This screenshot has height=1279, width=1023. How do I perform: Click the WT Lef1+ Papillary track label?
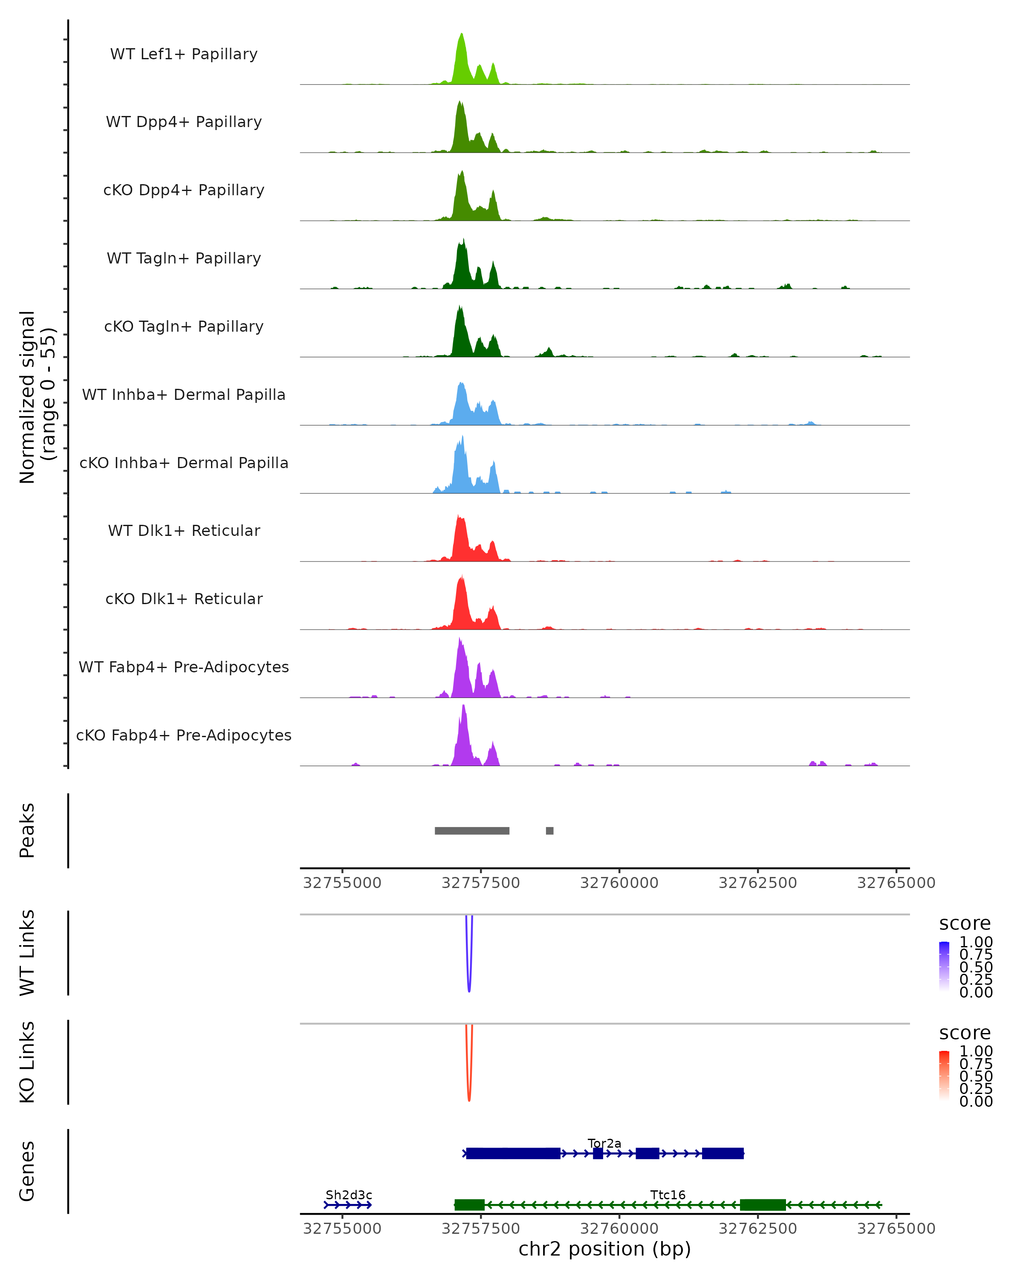coord(184,54)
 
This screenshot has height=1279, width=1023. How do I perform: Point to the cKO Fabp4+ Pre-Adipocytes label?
coord(184,735)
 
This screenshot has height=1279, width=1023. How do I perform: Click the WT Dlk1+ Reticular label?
coord(184,530)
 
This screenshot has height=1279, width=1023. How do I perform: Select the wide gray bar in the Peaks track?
coord(471,830)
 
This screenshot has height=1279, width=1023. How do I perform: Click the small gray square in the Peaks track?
coord(550,830)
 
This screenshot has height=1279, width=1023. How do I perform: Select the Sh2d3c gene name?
coord(349,1195)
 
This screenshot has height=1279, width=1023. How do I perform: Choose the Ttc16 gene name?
coord(668,1195)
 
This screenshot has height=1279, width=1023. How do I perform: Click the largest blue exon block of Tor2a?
coord(513,1153)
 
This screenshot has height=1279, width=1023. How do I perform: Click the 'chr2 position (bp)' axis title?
coord(604,1249)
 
